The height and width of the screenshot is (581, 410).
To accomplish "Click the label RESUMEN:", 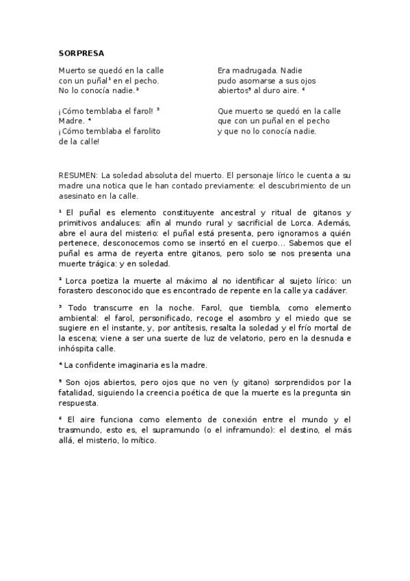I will tap(79, 175).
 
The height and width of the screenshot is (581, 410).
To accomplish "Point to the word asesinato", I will tap(77, 196).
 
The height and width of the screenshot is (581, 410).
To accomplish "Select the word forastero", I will tap(78, 290).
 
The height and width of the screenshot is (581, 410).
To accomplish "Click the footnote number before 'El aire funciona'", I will tap(60, 418).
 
